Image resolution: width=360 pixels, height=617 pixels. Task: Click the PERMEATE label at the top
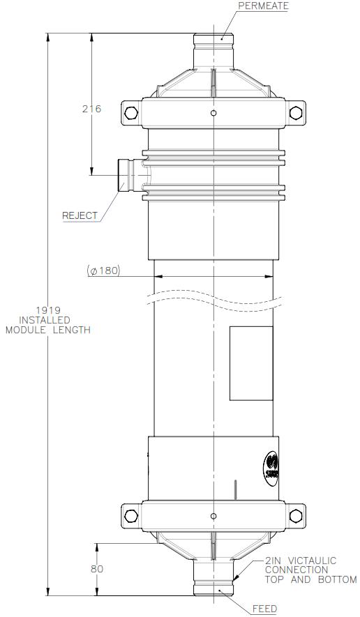coord(263,6)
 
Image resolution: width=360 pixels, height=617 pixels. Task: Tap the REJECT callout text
coord(80,215)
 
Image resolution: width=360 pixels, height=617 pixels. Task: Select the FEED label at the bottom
coord(264,609)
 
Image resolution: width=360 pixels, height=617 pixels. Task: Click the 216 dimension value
coord(91,109)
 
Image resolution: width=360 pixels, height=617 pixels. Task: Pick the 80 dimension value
coord(96,569)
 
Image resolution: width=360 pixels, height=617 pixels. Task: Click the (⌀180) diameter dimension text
coord(103,271)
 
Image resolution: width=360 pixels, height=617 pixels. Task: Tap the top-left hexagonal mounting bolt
coord(131,112)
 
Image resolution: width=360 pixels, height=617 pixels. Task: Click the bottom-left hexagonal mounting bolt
coord(131,516)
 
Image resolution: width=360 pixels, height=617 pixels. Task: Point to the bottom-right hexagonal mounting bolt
coord(296,516)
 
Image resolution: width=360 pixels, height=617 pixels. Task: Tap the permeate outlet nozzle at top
coord(213,45)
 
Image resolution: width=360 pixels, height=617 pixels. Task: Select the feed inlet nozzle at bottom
coord(213,583)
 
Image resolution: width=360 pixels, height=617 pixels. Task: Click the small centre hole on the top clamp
coord(213,112)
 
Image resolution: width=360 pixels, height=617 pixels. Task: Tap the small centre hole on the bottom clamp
coord(213,516)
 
